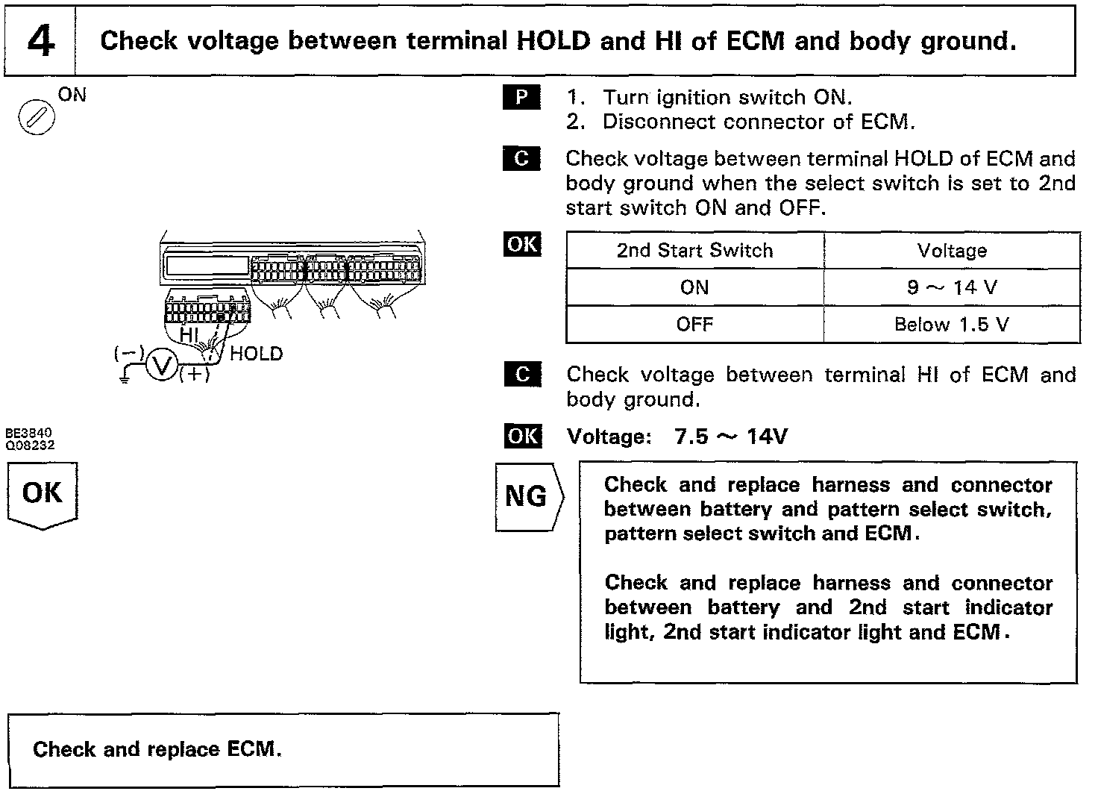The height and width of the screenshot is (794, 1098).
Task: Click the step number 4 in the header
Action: point(40,41)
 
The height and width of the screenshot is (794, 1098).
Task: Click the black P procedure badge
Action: point(522,98)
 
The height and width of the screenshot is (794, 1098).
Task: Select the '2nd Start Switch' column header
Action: point(694,251)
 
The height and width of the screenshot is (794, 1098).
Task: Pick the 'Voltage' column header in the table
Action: point(952,251)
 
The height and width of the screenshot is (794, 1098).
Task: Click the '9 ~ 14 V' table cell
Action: point(952,287)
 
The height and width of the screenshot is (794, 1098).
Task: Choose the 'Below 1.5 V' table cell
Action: point(952,325)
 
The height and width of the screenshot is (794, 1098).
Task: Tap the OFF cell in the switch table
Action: point(694,325)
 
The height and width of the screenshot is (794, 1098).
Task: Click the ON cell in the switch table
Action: point(694,287)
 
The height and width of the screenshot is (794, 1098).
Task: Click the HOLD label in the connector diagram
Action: point(256,354)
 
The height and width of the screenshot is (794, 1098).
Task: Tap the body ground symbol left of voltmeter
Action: point(125,378)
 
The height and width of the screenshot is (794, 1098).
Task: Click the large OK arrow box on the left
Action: point(43,494)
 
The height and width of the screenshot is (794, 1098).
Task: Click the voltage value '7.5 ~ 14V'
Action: point(730,437)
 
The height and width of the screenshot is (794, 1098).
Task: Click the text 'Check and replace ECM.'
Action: point(157,749)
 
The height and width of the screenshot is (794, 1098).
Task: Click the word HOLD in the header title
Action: point(553,41)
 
